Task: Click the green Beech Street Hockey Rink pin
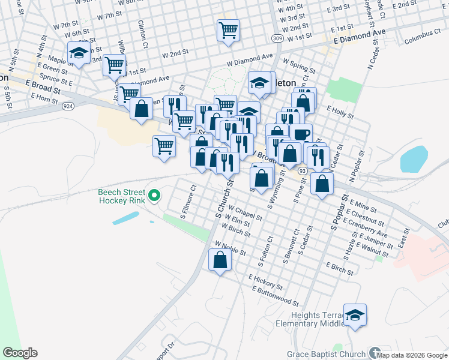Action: [154, 196]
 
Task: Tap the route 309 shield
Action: [277, 38]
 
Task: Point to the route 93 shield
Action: [303, 171]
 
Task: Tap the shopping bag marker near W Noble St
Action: [220, 260]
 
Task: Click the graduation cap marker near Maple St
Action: [79, 53]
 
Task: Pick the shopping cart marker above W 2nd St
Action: [228, 30]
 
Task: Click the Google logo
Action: [20, 353]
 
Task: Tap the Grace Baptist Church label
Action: [326, 354]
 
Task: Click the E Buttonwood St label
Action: [276, 295]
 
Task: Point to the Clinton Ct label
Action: [143, 34]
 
